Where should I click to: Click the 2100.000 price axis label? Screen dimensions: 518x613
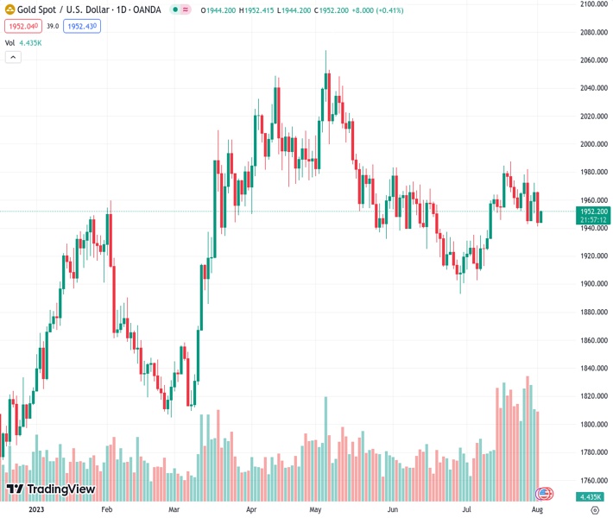pos(594,4)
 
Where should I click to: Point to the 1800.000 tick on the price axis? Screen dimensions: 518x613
pos(594,424)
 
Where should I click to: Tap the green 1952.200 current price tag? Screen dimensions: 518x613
pos(593,212)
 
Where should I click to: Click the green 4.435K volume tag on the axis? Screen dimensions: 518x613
pos(592,497)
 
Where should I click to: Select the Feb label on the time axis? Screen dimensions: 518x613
pos(107,510)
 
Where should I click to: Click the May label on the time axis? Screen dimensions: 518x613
pos(316,510)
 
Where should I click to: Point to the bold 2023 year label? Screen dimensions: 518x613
pos(35,510)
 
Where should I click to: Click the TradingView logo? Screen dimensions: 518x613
pos(51,490)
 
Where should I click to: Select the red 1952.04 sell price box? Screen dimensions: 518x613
pos(18,27)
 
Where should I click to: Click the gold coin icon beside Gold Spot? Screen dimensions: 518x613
pos(9,10)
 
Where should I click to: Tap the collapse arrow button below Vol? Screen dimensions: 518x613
pos(13,57)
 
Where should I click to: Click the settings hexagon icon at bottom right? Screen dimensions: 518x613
pos(594,510)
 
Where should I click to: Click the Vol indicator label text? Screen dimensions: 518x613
pos(10,42)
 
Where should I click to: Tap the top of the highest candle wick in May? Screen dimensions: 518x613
pos(325,51)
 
